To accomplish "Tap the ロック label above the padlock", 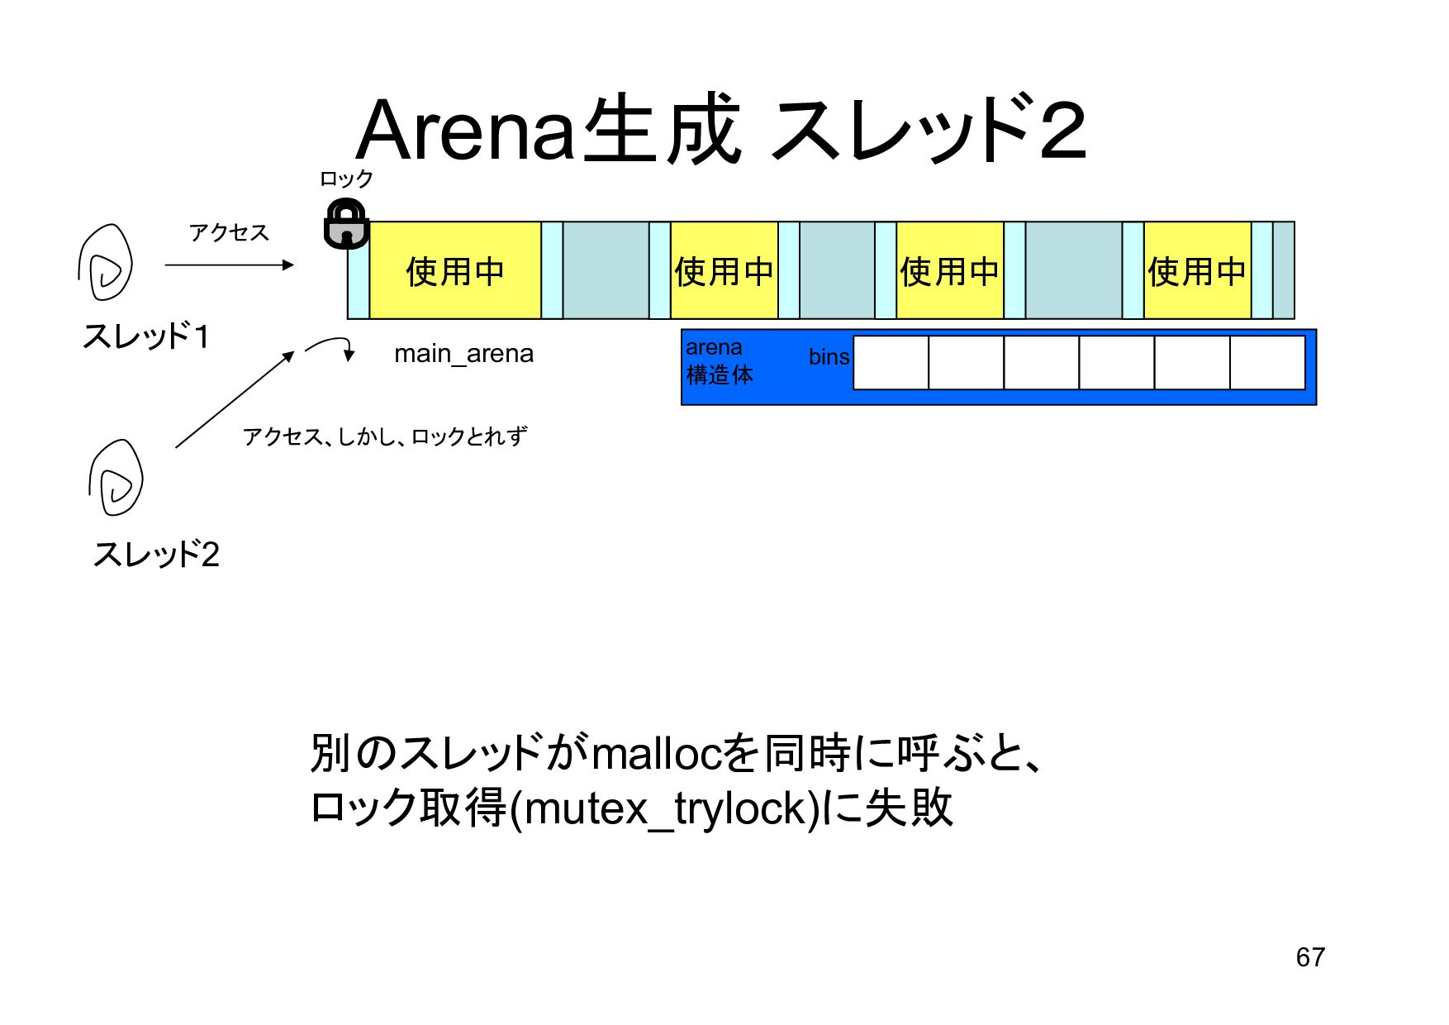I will pyautogui.click(x=346, y=179).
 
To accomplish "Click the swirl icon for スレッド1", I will pyautogui.click(x=106, y=263).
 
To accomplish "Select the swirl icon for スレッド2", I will pyautogui.click(x=116, y=479).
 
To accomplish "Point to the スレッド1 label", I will pyautogui.click(x=146, y=336).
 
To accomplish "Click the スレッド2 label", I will pyautogui.click(x=156, y=554).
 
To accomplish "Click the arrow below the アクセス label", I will pyautogui.click(x=229, y=265).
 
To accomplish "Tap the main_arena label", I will pyautogui.click(x=463, y=354).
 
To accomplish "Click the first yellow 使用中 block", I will pyautogui.click(x=454, y=270).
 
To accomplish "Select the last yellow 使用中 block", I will pyautogui.click(x=1196, y=270).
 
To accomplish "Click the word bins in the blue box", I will pyautogui.click(x=829, y=357).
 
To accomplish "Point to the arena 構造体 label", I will pyautogui.click(x=719, y=361).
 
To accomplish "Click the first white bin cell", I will pyautogui.click(x=891, y=362).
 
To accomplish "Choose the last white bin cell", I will pyautogui.click(x=1267, y=362).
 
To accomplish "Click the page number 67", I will pyautogui.click(x=1310, y=957).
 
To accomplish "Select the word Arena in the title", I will pyautogui.click(x=466, y=131).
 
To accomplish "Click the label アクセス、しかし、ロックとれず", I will pyautogui.click(x=384, y=436).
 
